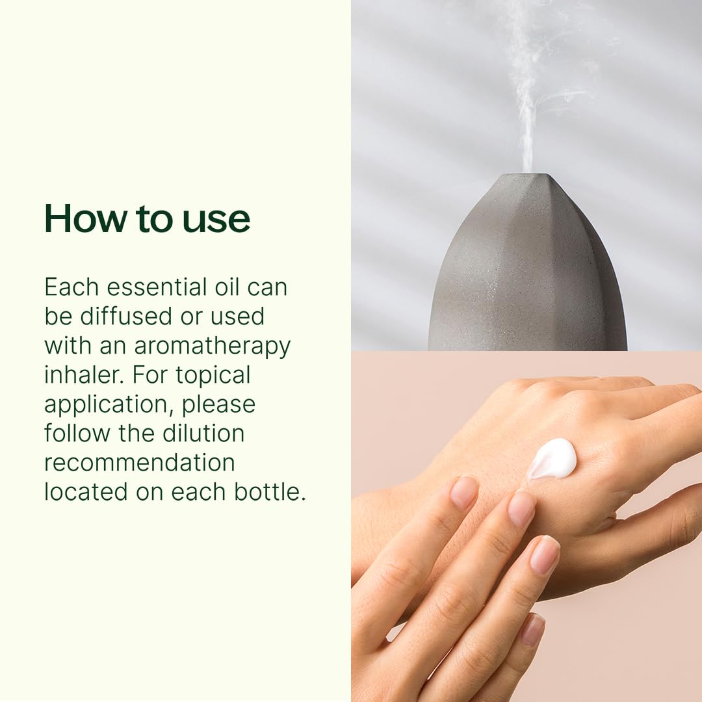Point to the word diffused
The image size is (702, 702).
point(126,316)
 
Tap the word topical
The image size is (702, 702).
point(213,376)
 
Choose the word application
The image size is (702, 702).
point(109,406)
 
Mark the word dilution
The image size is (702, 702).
point(203,433)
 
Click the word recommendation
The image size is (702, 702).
point(140,463)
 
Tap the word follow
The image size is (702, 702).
point(77,433)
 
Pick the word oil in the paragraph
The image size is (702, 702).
point(227,287)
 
